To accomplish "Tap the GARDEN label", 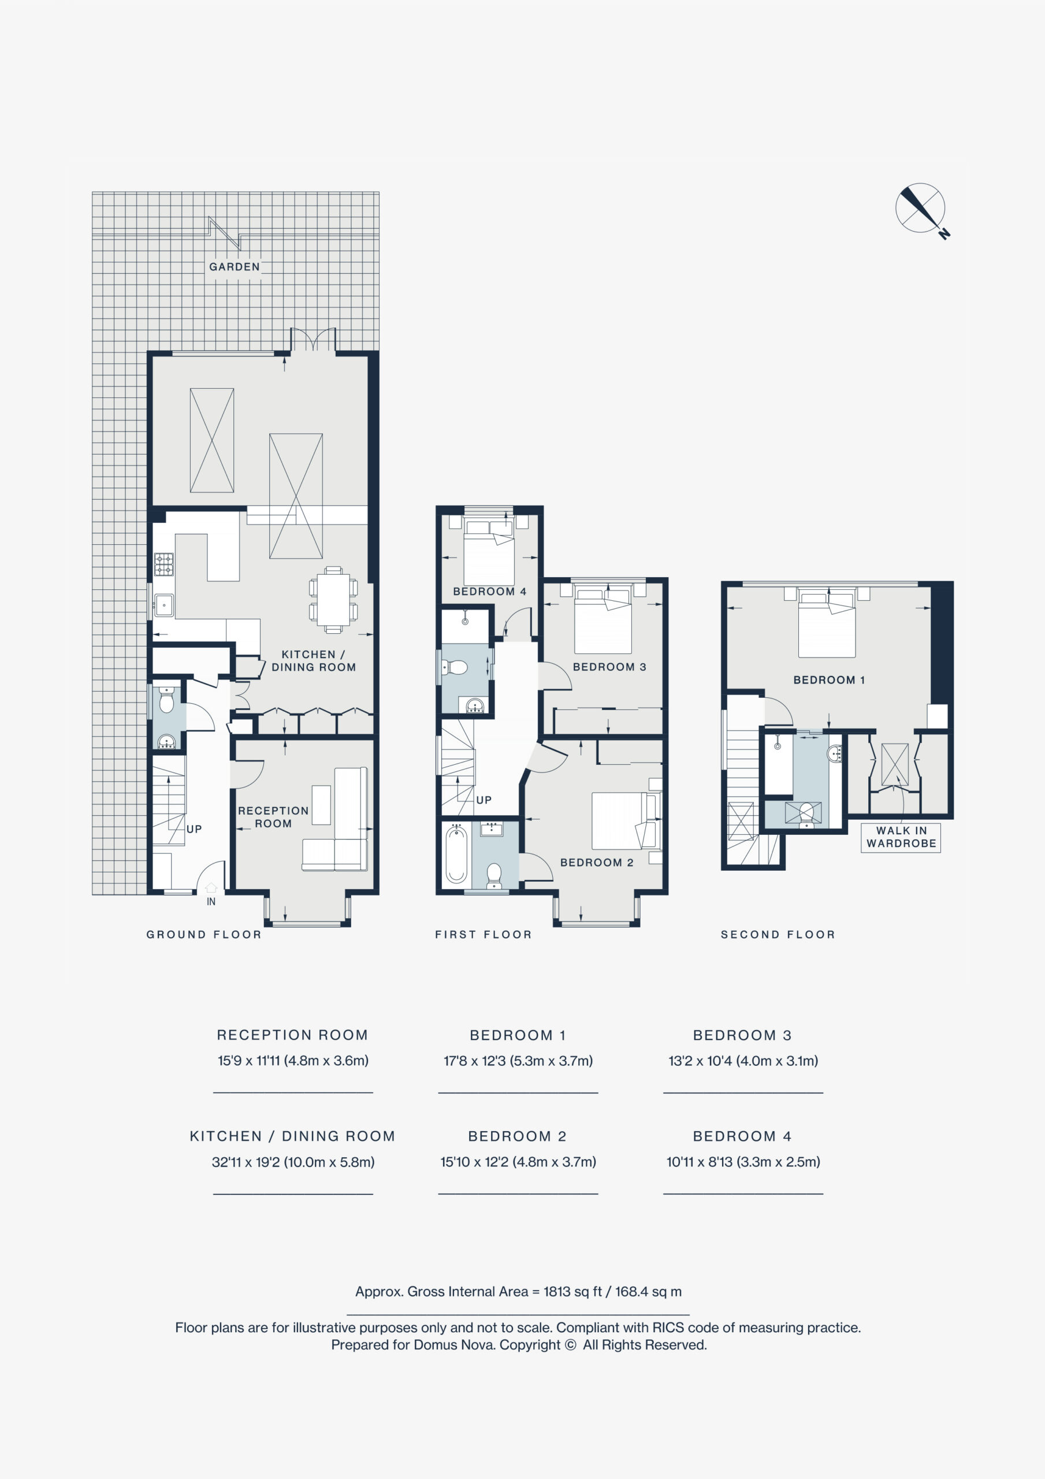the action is pyautogui.click(x=235, y=267).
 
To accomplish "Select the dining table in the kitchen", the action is pyautogui.click(x=333, y=600).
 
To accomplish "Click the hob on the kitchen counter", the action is pyautogui.click(x=163, y=564).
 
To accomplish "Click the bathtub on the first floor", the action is pyautogui.click(x=456, y=853).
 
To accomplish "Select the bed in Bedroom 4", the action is pyautogui.click(x=489, y=553).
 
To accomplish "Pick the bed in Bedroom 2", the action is pyautogui.click(x=624, y=820).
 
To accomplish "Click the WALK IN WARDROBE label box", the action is pyautogui.click(x=901, y=837).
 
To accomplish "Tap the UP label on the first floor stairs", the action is pyautogui.click(x=484, y=800).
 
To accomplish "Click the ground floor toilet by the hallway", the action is pyautogui.click(x=166, y=700).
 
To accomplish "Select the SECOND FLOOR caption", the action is pyautogui.click(x=778, y=935).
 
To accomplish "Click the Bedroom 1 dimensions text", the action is pyautogui.click(x=518, y=1061).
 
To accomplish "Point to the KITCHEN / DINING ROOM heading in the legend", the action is pyautogui.click(x=292, y=1136).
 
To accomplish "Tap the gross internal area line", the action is pyautogui.click(x=519, y=1292).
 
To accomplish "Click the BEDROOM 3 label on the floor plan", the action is pyautogui.click(x=609, y=667).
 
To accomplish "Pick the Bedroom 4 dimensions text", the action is pyautogui.click(x=743, y=1162).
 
